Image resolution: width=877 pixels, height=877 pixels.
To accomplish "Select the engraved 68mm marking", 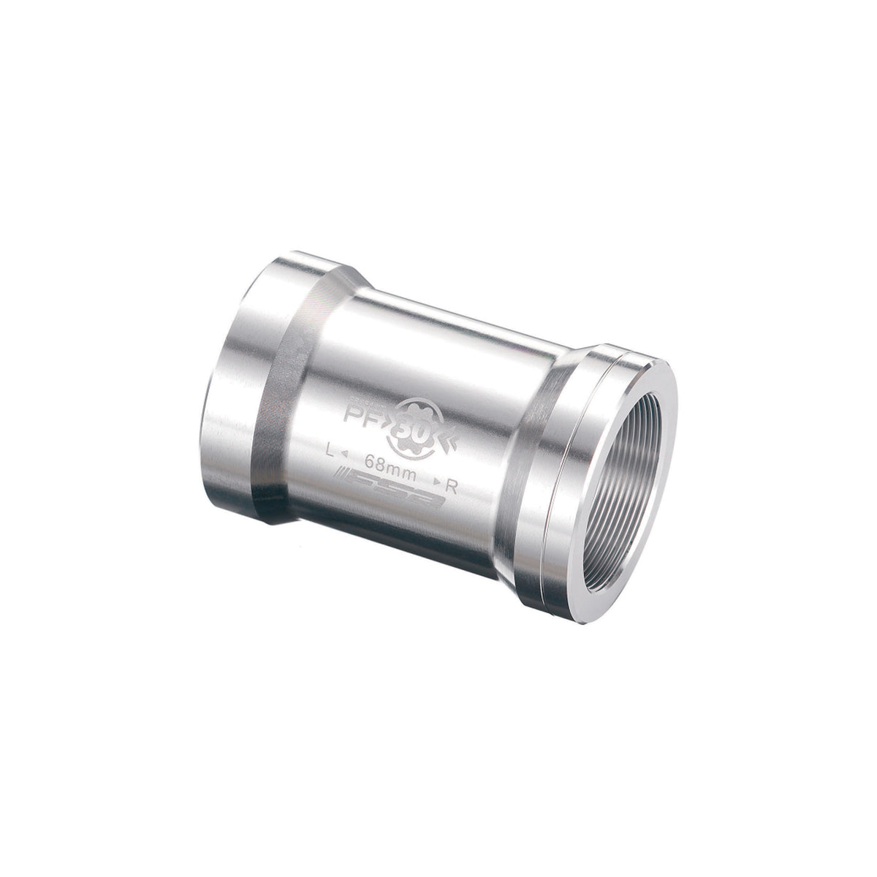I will click(386, 463).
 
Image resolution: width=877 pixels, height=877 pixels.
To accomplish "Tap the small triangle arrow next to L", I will click(343, 456).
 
